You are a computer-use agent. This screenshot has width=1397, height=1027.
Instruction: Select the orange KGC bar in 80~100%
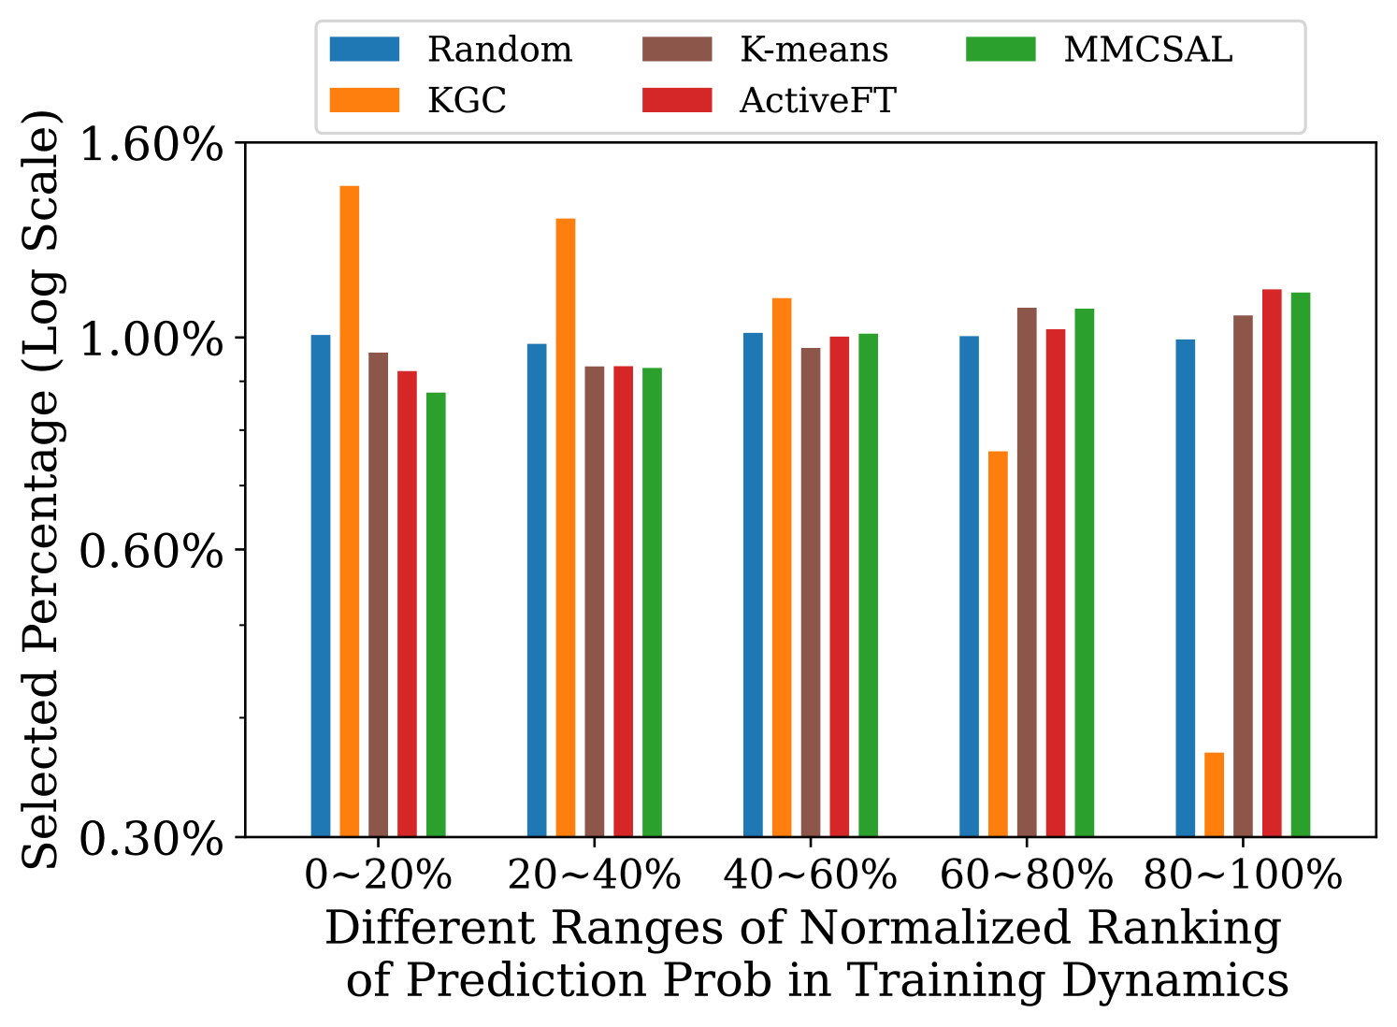coord(1214,794)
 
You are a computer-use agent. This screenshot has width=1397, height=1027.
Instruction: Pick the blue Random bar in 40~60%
coord(753,585)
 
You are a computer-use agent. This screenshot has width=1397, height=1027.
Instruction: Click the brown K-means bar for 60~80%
coord(1027,571)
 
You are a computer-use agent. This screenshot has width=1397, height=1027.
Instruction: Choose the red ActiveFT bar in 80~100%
coord(1272,562)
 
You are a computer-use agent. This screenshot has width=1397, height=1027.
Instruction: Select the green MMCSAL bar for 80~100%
coord(1301,564)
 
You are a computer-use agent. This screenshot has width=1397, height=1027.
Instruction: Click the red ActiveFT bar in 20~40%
coord(624,600)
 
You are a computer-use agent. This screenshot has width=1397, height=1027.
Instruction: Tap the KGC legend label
coord(467,100)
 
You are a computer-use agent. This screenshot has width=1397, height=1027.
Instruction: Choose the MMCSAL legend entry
coord(1147,50)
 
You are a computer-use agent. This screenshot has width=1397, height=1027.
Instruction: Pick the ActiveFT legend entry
coord(817,100)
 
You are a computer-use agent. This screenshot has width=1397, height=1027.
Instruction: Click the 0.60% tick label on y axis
coord(151,551)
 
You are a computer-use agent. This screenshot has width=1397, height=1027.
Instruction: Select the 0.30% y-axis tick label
coord(151,839)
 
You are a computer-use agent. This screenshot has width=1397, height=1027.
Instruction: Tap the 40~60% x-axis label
coord(810,876)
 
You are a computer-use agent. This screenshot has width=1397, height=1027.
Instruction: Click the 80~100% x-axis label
coord(1243,876)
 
